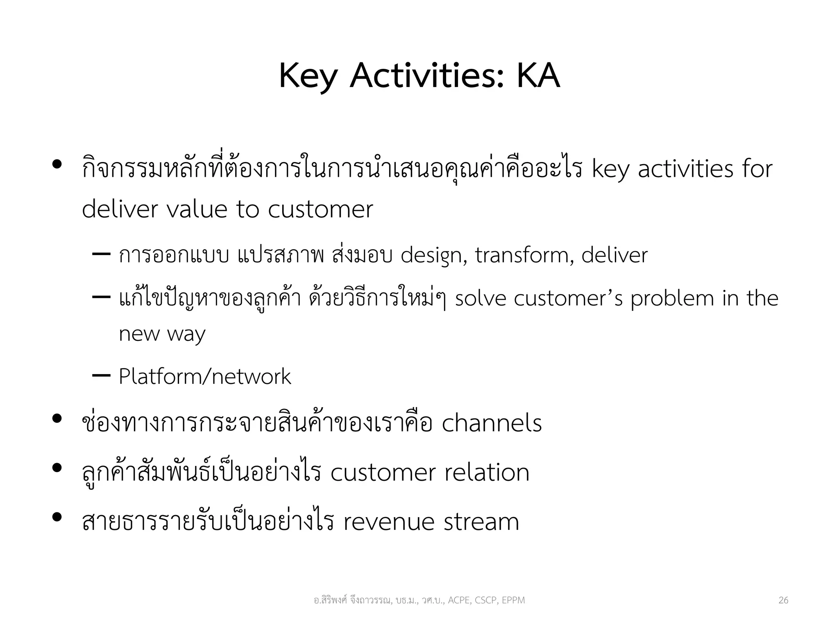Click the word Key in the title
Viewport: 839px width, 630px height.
point(308,76)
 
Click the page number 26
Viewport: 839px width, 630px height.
point(783,600)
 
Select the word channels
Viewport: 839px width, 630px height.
point(492,423)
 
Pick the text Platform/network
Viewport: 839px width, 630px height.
point(205,377)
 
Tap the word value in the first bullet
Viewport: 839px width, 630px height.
point(197,209)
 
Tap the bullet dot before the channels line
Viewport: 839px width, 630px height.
point(57,419)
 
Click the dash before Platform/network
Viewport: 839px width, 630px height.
point(101,375)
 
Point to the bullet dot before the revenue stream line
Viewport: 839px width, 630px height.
point(57,517)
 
